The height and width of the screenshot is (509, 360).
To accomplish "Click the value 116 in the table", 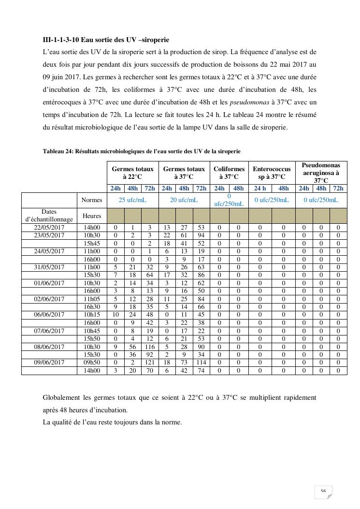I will pos(150,347).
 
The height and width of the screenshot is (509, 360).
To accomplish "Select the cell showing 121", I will pos(150,363).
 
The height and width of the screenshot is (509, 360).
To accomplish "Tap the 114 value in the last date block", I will pos(201,363).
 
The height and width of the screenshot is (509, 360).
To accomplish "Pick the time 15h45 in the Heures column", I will pos(92,244).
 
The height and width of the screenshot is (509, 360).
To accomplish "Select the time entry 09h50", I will pos(92,363).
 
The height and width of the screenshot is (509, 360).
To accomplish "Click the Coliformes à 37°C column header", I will pos(229,173).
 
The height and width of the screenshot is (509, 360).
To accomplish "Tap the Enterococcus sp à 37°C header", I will pos(272,173).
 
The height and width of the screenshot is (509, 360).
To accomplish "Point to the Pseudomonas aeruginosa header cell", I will pos(321,173).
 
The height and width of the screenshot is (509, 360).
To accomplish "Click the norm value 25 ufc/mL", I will pos(132,200).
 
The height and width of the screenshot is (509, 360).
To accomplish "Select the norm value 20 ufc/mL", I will pos(184,200).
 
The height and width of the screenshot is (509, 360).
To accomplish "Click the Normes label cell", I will pos(92,200).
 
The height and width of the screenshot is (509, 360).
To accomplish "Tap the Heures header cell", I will pos(92,216).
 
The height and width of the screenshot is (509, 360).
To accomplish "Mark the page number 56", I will pos(323,491).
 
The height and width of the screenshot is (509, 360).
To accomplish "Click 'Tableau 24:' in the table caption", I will pos(58,151).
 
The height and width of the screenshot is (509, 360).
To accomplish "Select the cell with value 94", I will pos(201,235).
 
